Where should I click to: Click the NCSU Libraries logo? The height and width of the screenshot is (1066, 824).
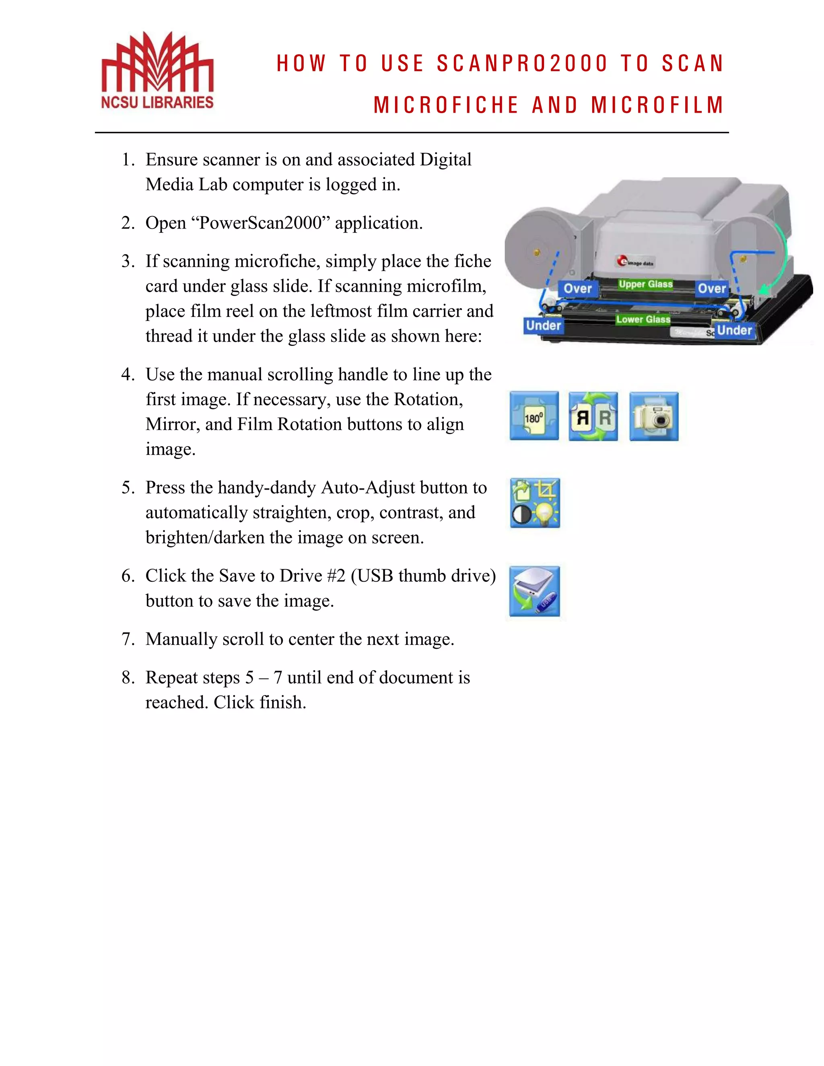(157, 70)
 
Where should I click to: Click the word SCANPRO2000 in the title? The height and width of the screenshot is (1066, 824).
(522, 64)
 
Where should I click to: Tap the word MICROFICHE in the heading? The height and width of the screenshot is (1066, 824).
(446, 105)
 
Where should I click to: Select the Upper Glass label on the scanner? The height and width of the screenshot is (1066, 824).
(645, 284)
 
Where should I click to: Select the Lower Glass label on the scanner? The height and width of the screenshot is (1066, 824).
(643, 319)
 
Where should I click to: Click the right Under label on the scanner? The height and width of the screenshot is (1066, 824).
(734, 330)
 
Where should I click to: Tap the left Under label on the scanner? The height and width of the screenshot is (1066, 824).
(543, 325)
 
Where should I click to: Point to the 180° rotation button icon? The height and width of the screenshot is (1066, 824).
(534, 416)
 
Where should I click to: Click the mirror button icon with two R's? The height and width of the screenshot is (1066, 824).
(593, 416)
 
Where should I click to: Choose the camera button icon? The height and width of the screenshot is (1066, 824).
(654, 416)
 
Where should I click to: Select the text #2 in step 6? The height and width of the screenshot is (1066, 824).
(336, 576)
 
